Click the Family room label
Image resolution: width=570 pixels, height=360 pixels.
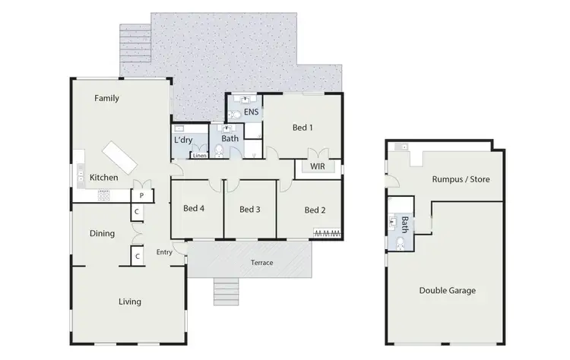[x=106, y=98]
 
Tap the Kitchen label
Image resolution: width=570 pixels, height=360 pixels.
[x=104, y=178]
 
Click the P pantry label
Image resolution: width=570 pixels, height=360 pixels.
[x=141, y=195]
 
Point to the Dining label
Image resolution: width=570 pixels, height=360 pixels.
[x=103, y=234]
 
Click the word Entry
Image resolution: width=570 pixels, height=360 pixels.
[x=164, y=253]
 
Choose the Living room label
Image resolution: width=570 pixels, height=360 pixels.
[x=130, y=302]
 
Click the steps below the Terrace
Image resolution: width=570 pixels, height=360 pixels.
[x=226, y=290]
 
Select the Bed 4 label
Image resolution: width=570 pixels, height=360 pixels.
[x=194, y=210]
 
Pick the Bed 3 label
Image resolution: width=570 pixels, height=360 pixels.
[x=250, y=210]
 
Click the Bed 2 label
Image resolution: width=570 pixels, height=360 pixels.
[x=315, y=210]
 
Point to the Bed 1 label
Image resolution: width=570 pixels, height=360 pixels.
[x=303, y=128]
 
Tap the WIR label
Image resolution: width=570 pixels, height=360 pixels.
[x=318, y=166]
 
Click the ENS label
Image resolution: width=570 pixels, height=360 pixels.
[x=252, y=112]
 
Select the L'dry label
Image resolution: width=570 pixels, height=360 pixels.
[x=183, y=141]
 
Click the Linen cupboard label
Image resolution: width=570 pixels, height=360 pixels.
[x=199, y=156]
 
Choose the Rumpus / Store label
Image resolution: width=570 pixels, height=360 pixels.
[x=461, y=180]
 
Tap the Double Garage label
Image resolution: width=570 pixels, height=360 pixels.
[x=453, y=290]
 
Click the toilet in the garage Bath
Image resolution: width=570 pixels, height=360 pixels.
[x=400, y=242]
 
